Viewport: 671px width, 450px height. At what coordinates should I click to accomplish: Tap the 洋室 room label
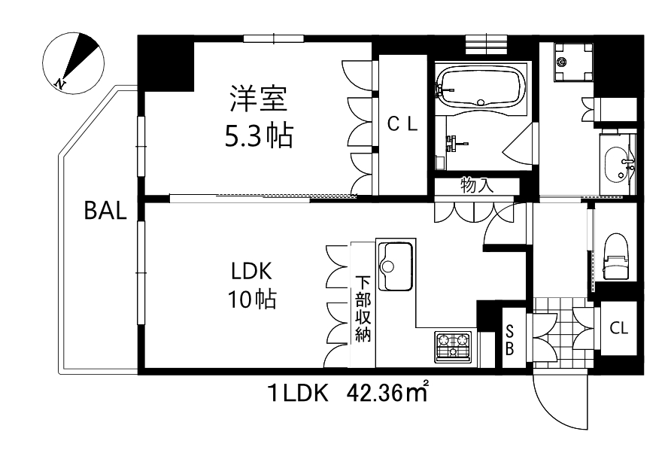coord(259,100)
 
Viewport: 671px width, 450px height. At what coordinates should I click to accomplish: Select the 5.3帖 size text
coord(259,135)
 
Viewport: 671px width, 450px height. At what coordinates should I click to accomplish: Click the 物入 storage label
coord(476,185)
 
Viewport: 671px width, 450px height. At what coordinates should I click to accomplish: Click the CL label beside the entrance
coord(618,328)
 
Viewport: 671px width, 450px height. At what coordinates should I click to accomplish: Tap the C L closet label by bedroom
coord(402,125)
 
